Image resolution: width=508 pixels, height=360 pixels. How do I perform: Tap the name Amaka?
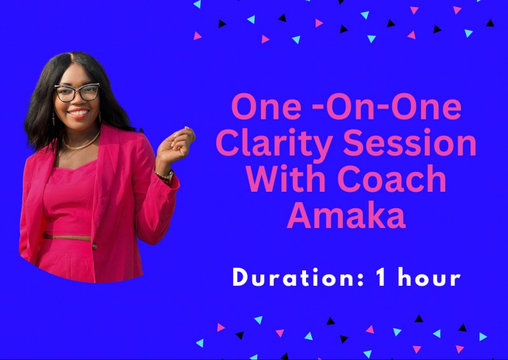click(346, 217)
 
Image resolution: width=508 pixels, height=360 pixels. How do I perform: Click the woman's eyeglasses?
click(77, 93)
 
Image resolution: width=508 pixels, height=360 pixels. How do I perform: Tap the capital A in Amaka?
click(300, 217)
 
